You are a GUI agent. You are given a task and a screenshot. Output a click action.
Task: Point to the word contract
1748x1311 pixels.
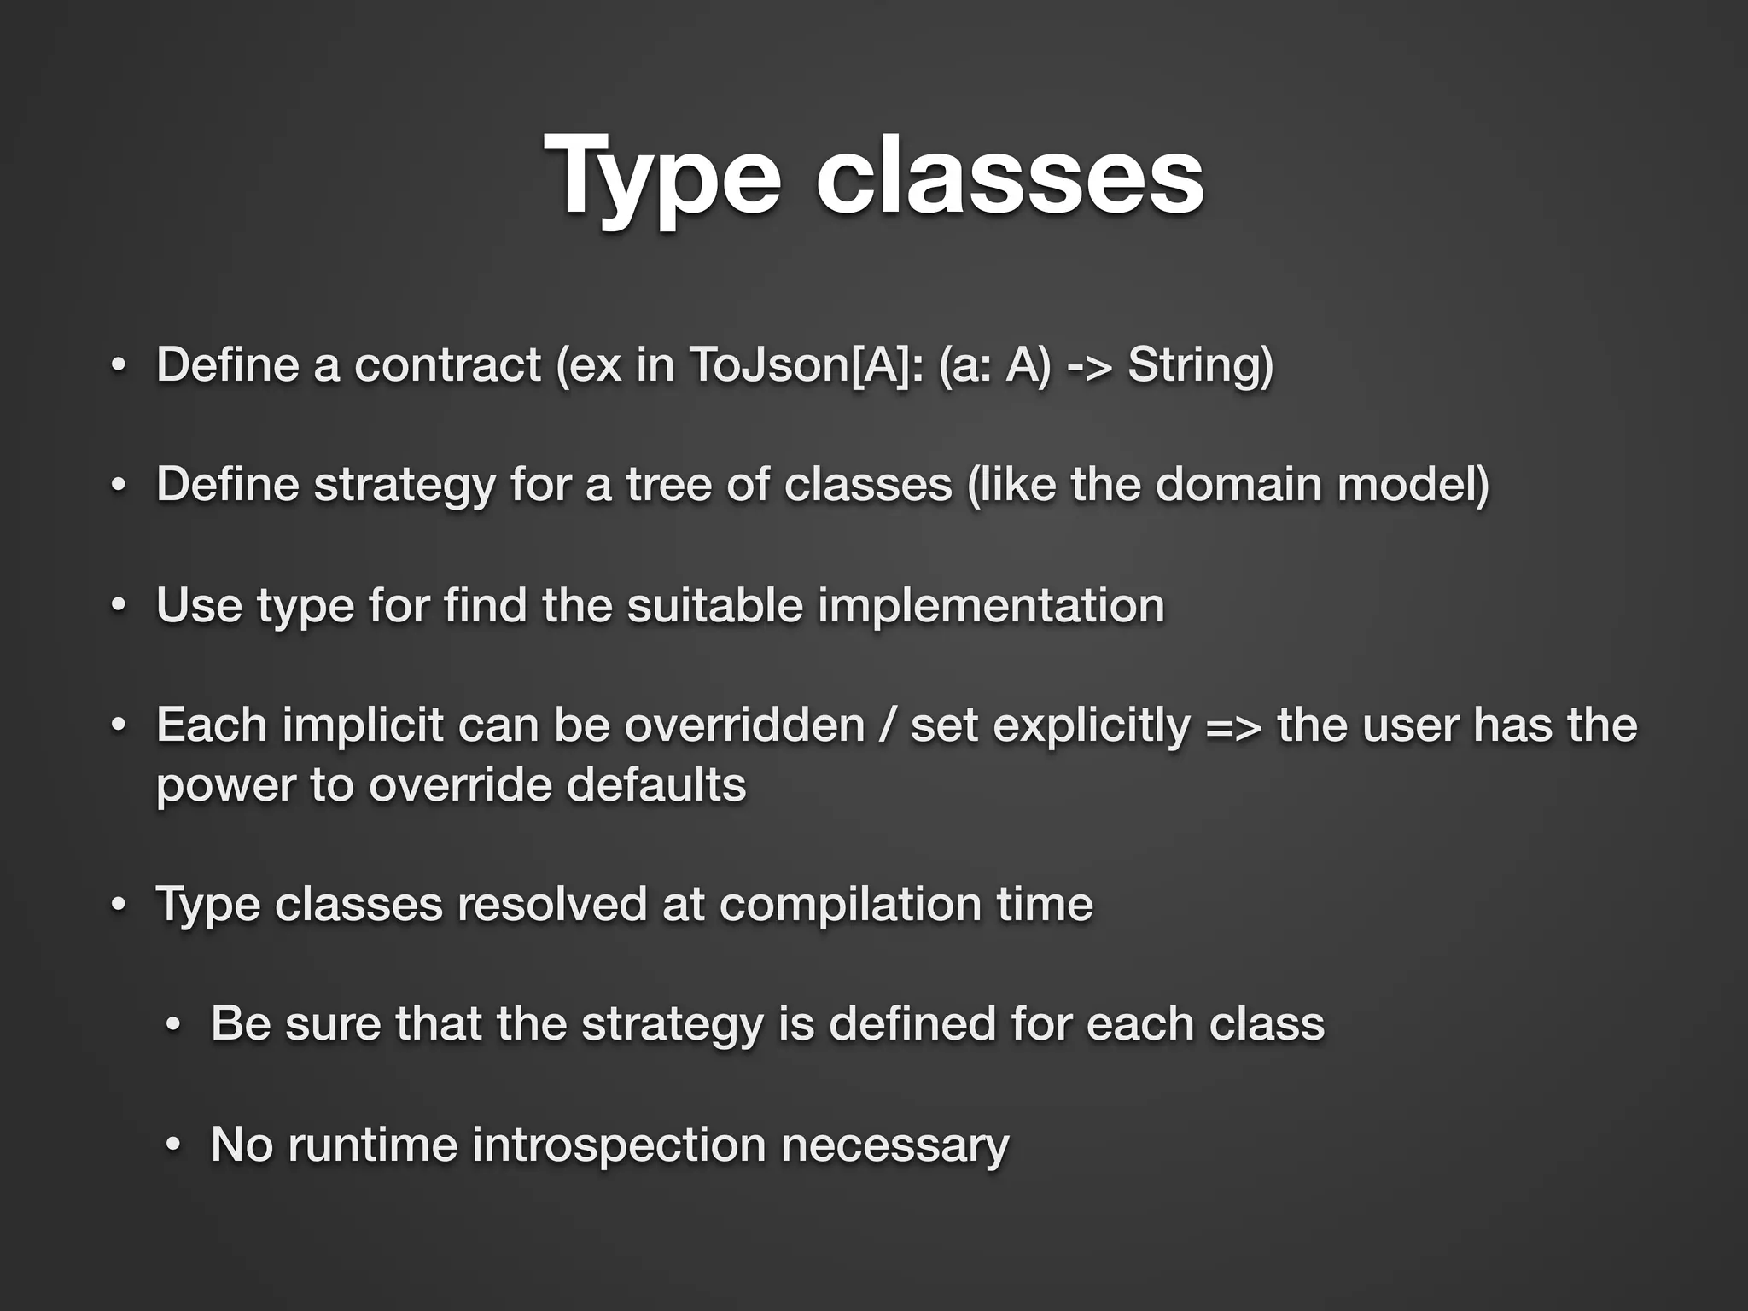[447, 365]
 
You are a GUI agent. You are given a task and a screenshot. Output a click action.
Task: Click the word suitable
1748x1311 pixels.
[714, 606]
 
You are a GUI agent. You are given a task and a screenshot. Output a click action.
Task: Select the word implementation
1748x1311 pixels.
[991, 606]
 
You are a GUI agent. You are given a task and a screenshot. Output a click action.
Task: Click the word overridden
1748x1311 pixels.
[744, 726]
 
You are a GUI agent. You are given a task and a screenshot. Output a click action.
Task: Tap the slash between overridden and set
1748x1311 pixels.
[888, 726]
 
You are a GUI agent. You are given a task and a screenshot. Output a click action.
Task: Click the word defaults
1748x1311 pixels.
[655, 785]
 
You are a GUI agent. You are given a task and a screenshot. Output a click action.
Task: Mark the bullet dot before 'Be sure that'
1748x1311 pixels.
[173, 1025]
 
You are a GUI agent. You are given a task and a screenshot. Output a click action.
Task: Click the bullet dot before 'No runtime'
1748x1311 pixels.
[173, 1146]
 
